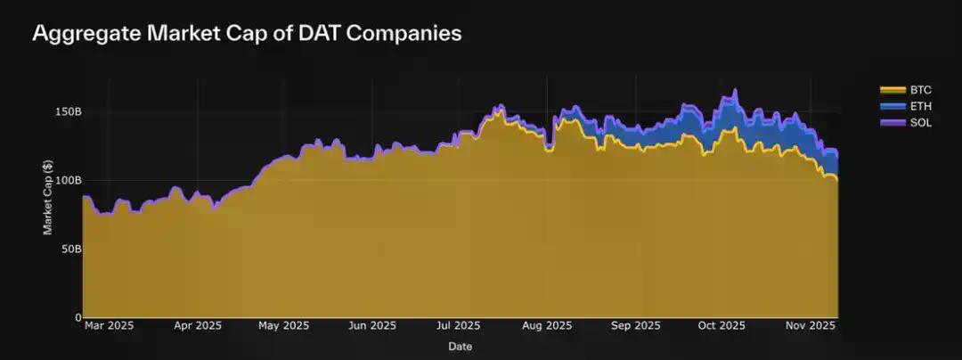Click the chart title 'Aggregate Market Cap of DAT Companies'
click(247, 35)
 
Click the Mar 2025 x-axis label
click(109, 326)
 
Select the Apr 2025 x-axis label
click(197, 326)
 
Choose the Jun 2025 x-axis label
click(371, 326)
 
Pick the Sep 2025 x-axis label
click(633, 326)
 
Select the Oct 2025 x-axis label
click(720, 326)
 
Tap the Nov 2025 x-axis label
click(809, 326)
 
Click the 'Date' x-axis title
click(461, 346)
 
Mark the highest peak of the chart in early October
click(735, 89)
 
